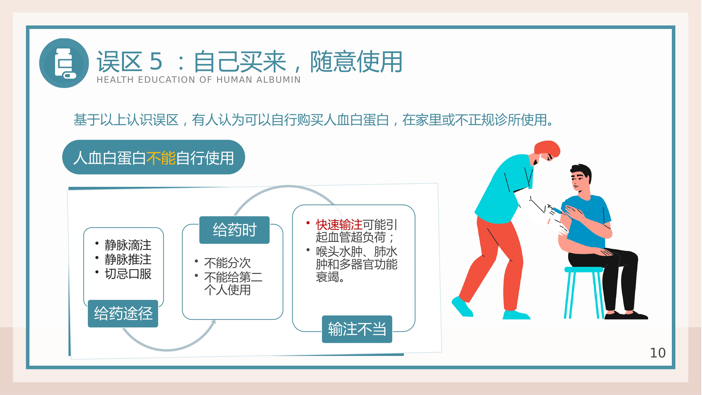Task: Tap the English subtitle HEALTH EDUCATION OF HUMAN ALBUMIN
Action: click(x=199, y=80)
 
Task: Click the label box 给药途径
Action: click(x=123, y=313)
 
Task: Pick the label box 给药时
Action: click(x=234, y=230)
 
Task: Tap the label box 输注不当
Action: click(x=357, y=329)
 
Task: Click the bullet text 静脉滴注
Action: click(x=128, y=245)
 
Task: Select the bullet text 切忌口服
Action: click(x=128, y=274)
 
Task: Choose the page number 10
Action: click(x=658, y=353)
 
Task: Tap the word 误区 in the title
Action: click(x=119, y=61)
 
